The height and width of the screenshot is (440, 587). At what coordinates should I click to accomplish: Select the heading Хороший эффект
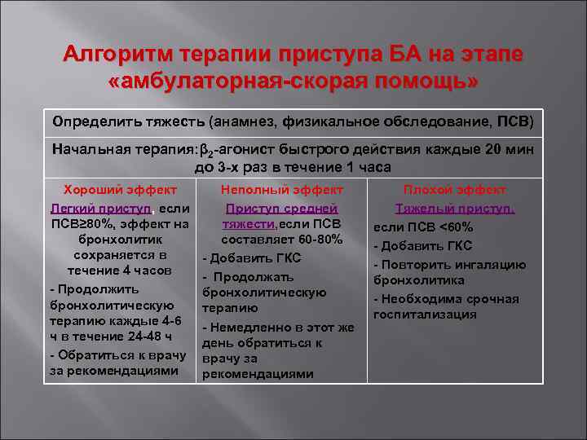tap(115, 189)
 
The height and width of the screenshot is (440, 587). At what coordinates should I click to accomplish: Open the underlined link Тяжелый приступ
tap(454, 208)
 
